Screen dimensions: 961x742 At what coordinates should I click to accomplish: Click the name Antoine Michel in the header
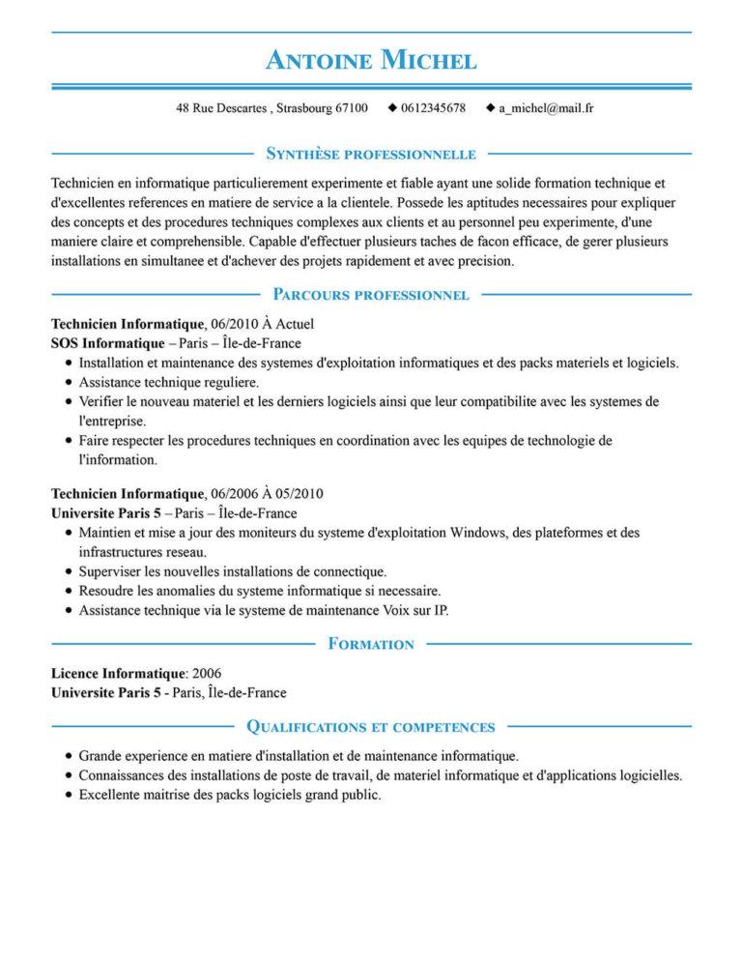[x=371, y=60]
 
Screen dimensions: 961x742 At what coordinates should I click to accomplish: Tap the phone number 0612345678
[x=433, y=108]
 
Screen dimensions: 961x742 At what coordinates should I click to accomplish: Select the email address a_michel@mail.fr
[x=546, y=108]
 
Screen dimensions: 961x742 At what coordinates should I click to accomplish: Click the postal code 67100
[x=351, y=108]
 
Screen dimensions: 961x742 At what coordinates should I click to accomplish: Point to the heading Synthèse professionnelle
[x=371, y=153]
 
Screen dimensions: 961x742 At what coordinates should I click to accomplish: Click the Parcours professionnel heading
[x=371, y=293]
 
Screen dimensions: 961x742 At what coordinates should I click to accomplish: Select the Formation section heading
[x=371, y=643]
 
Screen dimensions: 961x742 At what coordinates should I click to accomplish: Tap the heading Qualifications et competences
[x=371, y=725]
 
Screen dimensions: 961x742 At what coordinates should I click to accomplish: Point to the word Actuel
[x=295, y=325]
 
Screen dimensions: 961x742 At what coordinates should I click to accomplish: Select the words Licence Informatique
[x=118, y=672]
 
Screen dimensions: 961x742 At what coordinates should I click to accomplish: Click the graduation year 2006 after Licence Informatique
[x=208, y=672]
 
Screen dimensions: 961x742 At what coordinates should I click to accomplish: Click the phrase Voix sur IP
[x=414, y=610]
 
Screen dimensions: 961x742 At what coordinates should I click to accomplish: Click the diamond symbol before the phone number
[x=391, y=107]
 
